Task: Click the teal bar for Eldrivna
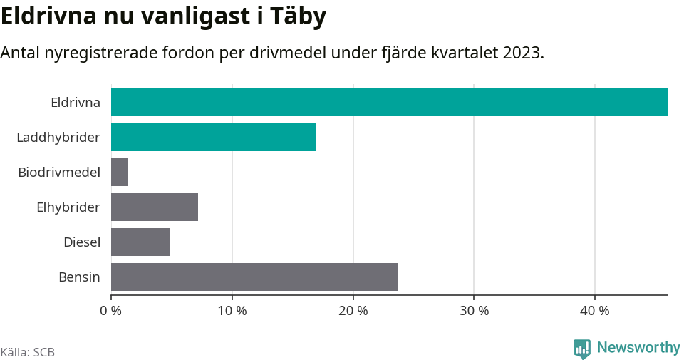point(389,102)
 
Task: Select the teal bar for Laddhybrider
point(213,137)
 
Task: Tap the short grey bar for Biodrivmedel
point(119,172)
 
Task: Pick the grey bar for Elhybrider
point(155,207)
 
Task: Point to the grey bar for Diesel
point(140,242)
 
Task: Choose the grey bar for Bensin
point(254,277)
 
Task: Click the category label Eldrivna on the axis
point(76,102)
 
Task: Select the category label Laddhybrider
point(58,137)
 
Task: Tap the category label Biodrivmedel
point(59,172)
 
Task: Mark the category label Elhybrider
point(68,207)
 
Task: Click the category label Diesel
point(82,242)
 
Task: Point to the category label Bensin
point(79,277)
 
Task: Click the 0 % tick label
point(111,311)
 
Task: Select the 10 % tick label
point(232,311)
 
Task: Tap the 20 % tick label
point(353,311)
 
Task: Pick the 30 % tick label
point(474,311)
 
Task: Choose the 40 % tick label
point(595,311)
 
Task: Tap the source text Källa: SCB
point(28,352)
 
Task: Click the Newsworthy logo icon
point(582,349)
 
